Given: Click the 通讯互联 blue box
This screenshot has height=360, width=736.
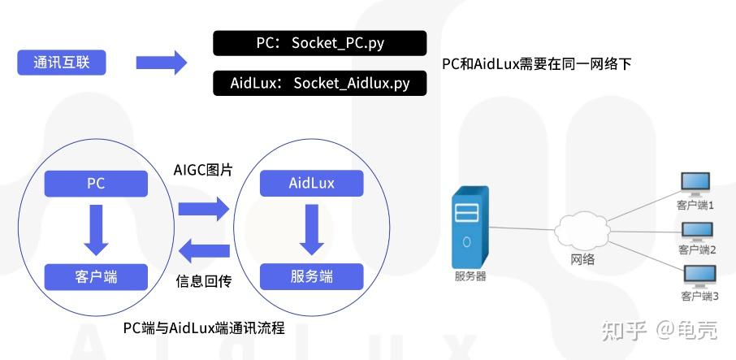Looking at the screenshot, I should [x=62, y=63].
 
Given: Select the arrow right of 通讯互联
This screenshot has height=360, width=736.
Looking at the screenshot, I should [x=161, y=63].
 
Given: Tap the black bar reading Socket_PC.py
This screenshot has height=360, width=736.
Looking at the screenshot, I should [x=319, y=43].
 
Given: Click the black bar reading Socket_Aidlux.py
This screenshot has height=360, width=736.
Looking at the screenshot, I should [x=319, y=84].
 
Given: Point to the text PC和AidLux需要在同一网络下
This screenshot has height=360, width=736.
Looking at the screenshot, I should [x=536, y=63].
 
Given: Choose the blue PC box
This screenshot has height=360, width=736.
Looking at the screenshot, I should [x=96, y=183].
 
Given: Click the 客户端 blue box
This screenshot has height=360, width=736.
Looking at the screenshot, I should [x=96, y=276].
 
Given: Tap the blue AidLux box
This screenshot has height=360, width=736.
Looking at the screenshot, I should [x=311, y=183].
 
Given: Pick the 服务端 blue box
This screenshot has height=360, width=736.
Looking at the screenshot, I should [x=311, y=276].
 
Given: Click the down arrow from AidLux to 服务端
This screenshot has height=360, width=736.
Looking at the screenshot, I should [x=311, y=229].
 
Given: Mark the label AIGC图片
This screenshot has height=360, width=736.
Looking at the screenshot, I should [x=203, y=170].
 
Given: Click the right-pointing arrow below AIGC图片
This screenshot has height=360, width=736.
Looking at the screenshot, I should [x=204, y=209].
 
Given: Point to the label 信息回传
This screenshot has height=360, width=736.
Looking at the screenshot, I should [x=204, y=281].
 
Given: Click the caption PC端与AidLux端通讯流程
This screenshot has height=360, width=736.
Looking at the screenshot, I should [x=204, y=327].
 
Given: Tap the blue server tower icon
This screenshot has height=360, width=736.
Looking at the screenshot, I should [x=470, y=227].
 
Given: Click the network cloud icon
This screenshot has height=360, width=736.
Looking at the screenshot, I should [x=582, y=229].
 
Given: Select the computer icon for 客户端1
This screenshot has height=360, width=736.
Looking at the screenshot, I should [x=695, y=185].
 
